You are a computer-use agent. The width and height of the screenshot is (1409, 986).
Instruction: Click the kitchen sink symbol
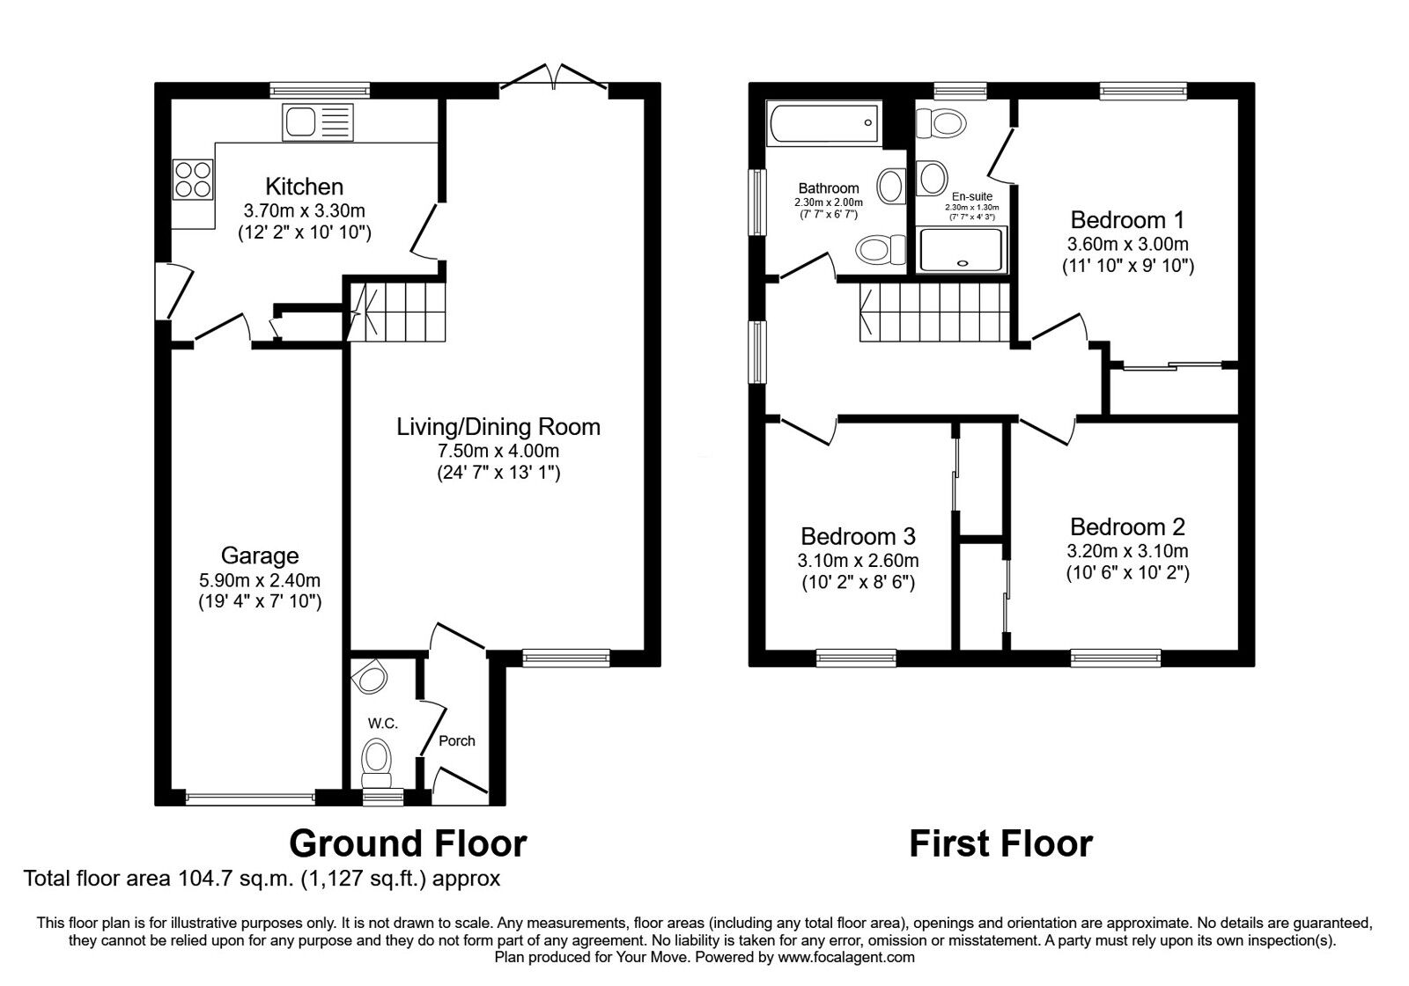317,121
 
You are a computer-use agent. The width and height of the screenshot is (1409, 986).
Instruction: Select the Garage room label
259,556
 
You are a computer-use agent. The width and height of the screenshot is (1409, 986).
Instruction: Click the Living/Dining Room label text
498,428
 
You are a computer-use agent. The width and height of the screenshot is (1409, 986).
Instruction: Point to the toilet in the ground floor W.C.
378,759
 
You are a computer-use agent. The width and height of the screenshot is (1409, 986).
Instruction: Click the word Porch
456,741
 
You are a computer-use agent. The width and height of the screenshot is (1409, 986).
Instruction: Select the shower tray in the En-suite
962,250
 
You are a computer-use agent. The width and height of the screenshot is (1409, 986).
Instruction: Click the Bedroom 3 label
858,536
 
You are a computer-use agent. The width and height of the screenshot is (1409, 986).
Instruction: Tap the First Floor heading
1000,843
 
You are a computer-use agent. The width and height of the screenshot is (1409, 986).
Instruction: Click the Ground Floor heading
408,843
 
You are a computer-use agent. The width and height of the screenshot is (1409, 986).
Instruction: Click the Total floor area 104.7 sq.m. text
262,879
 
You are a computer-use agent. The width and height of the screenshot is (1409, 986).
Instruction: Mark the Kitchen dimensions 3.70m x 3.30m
305,211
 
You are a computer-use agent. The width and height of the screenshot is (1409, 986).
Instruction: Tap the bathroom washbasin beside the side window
891,187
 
